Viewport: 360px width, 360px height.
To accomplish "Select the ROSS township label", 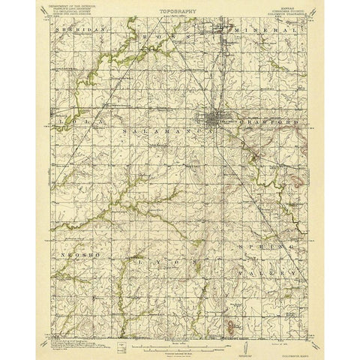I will [x=161, y=34].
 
